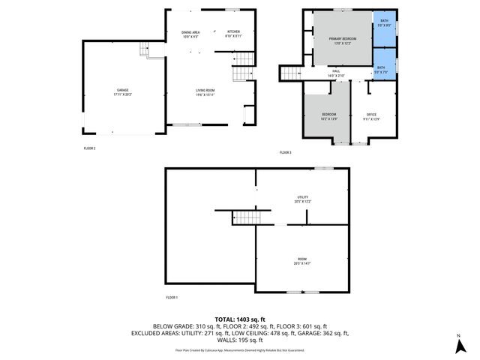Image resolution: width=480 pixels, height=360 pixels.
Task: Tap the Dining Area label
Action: point(190,34)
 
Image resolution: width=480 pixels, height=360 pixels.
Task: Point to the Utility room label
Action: point(303,199)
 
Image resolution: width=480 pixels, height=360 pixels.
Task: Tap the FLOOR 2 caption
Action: point(90,148)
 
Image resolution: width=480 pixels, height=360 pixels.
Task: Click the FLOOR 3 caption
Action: point(285,152)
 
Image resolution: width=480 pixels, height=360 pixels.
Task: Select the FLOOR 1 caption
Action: point(172,298)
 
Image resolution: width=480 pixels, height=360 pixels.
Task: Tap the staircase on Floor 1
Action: point(246,217)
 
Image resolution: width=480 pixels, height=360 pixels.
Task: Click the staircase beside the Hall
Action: point(291,73)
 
